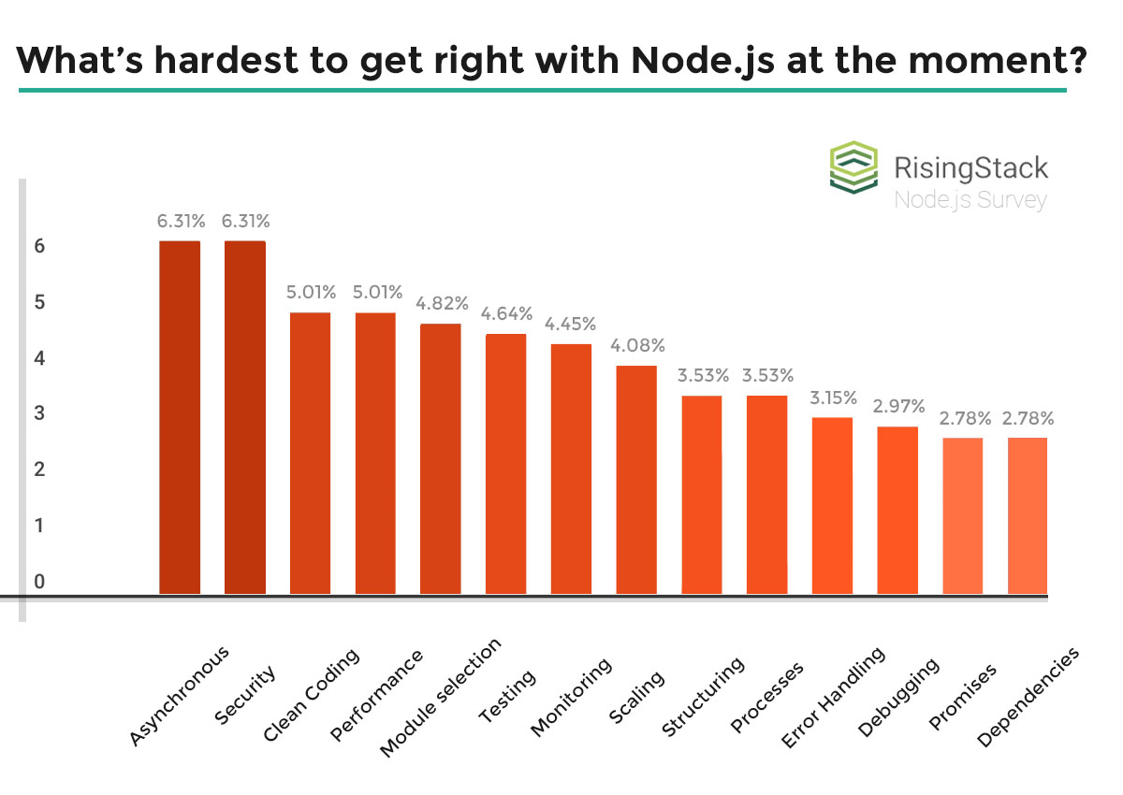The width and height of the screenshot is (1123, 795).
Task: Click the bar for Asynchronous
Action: tap(180, 418)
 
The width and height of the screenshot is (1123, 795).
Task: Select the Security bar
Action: tap(245, 418)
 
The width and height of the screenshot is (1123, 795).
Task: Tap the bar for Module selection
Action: tap(441, 459)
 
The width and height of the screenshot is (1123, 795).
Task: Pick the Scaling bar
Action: tap(636, 480)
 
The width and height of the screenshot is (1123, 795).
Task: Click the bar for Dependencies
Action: tap(1028, 516)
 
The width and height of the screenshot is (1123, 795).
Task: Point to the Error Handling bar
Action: tap(832, 506)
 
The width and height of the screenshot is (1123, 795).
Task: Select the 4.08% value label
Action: tap(636, 345)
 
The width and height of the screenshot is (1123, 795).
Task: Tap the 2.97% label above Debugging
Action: tap(898, 406)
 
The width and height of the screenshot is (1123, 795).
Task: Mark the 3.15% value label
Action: tap(833, 397)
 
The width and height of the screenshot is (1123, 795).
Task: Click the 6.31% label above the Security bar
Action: tap(245, 222)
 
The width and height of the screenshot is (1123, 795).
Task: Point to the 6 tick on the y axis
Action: tap(39, 247)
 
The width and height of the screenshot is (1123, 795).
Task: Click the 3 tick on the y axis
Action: tap(39, 413)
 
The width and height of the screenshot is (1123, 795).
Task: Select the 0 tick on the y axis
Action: tap(39, 582)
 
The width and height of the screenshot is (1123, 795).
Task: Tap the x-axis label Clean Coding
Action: tap(313, 696)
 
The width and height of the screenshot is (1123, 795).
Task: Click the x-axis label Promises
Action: tap(964, 696)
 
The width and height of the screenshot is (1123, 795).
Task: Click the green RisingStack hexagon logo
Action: tap(853, 167)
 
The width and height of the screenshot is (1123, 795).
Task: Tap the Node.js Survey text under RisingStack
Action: tap(970, 199)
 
